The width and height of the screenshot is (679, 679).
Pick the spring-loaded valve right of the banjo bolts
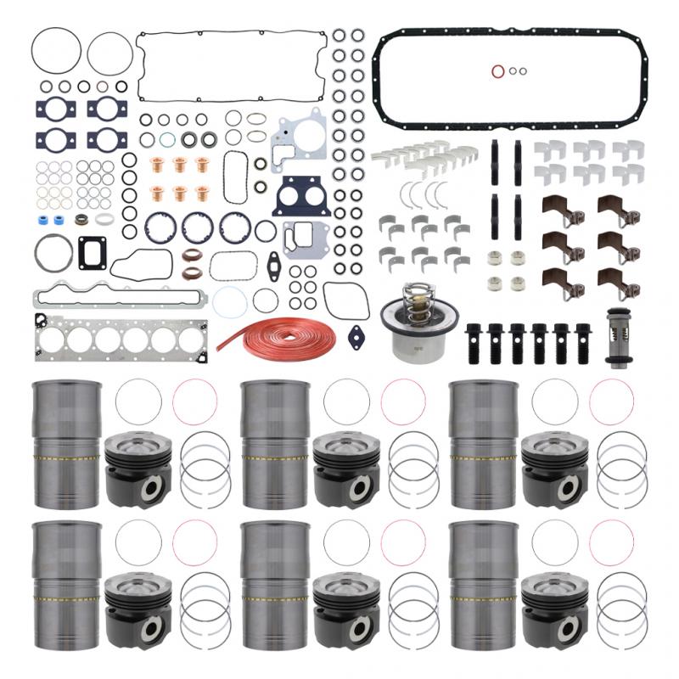pos(616,338)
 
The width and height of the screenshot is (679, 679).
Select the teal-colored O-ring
pos(166,138)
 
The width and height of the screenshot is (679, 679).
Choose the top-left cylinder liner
pos(66,442)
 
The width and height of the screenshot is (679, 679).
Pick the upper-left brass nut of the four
pos(491,255)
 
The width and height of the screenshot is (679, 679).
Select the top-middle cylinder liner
pos(275,442)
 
